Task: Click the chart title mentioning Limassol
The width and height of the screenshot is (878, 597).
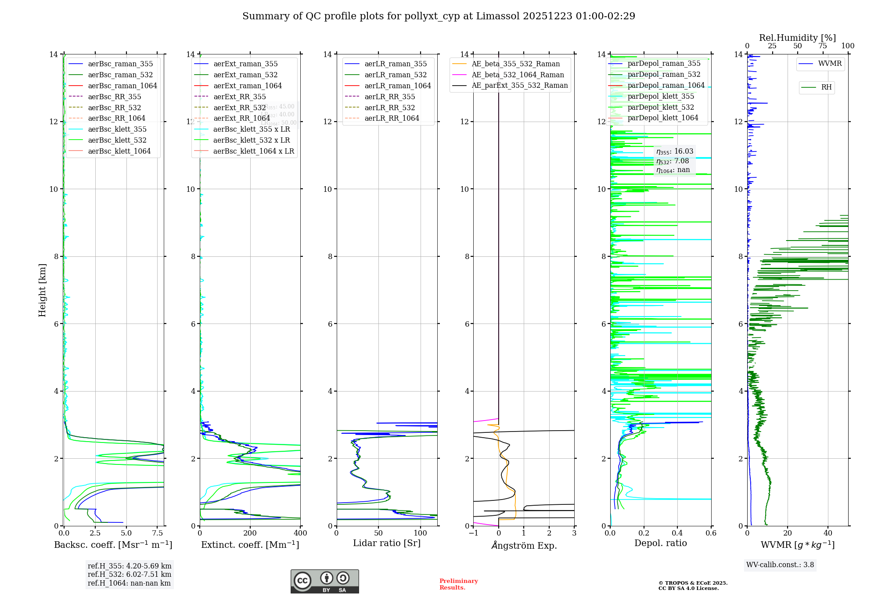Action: tap(439, 16)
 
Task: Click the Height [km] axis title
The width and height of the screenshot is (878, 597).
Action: tap(42, 290)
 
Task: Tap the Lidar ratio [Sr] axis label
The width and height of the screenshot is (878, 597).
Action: tap(387, 543)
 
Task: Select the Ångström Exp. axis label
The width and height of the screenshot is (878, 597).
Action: tap(524, 545)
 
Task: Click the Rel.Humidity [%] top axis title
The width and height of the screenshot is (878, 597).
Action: tap(797, 38)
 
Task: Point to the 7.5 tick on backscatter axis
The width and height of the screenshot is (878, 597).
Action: tap(158, 533)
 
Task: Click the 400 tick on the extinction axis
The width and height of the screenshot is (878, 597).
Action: tap(301, 533)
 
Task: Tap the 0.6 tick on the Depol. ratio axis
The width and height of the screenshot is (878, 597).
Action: tap(711, 533)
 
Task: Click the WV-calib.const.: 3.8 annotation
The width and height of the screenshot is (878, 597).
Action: tap(780, 565)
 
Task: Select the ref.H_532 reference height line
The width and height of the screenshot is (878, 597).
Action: tap(130, 575)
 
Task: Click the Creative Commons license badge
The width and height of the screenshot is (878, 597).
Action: tap(324, 581)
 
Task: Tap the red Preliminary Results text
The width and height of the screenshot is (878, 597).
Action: tap(458, 584)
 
